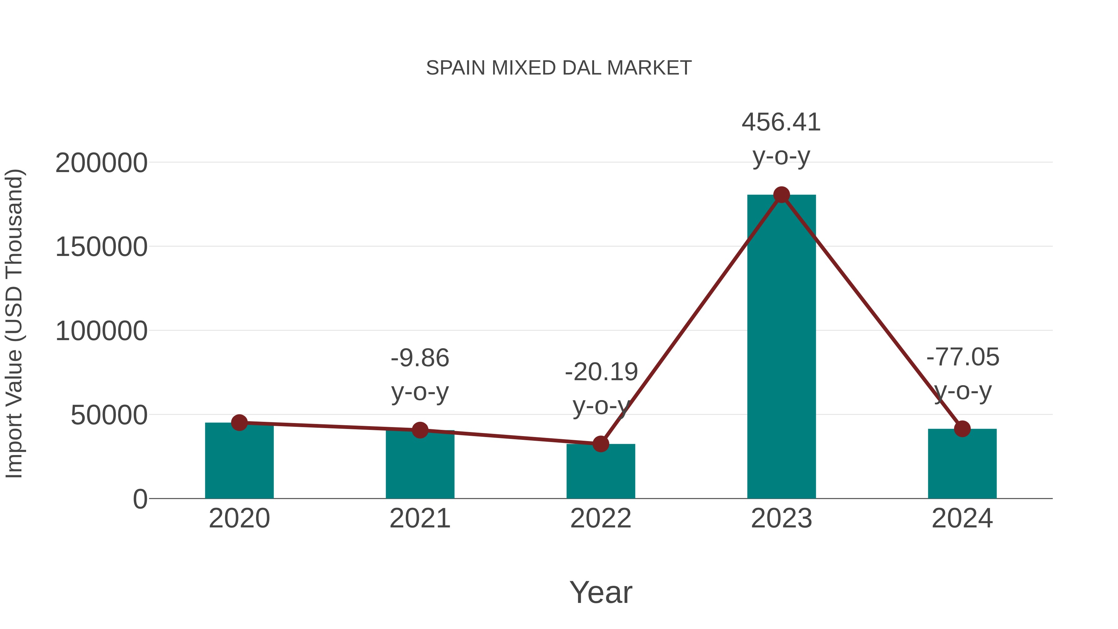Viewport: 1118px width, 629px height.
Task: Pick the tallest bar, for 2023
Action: [x=781, y=347]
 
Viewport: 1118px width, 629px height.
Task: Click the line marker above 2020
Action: [x=239, y=422]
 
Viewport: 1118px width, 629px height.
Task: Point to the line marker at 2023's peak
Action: [x=781, y=195]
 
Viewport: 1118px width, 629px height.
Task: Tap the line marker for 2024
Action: [x=962, y=429]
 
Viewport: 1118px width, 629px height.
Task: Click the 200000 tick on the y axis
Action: [x=101, y=164]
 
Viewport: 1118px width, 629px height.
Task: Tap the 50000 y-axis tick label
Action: [x=109, y=415]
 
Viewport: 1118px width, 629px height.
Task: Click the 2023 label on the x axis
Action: [x=781, y=519]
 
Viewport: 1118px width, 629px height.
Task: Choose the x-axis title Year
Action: [x=601, y=593]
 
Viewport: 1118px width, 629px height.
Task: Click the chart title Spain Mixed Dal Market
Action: [x=559, y=68]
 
